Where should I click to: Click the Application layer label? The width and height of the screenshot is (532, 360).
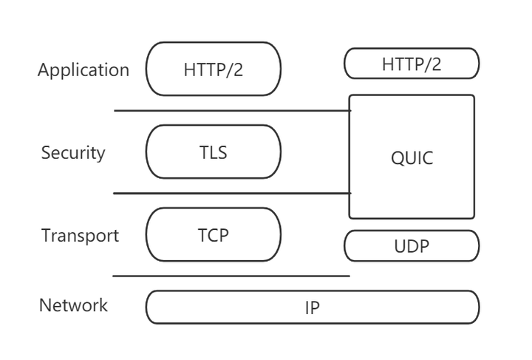click(83, 70)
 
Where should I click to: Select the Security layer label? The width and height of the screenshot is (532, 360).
click(73, 153)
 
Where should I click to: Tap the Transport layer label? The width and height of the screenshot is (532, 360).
click(80, 236)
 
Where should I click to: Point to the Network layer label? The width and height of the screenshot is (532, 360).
click(73, 305)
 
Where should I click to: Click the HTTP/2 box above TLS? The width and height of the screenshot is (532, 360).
click(214, 69)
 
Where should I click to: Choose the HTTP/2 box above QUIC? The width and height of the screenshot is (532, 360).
click(412, 64)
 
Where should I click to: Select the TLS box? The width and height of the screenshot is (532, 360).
click(214, 152)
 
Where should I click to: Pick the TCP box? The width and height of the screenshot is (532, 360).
click(214, 234)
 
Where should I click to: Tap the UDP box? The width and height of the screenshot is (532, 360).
click(412, 246)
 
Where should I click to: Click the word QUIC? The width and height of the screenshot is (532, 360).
click(412, 158)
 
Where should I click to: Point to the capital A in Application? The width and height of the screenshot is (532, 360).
click(43, 70)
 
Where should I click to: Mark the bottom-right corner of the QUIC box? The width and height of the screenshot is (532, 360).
click(473, 217)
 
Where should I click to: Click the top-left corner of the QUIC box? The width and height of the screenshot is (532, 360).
click(350, 96)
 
